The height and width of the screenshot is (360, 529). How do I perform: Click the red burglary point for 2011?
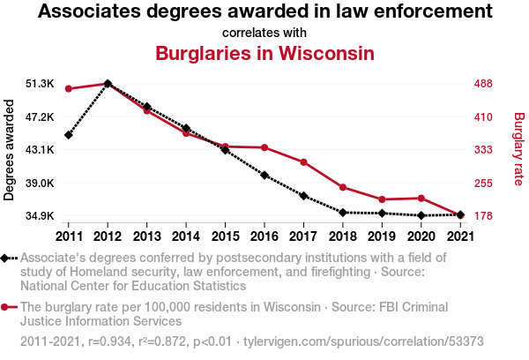(69, 89)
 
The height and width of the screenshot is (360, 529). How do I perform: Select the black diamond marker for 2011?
(69, 135)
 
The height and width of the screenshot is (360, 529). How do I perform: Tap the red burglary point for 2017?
(303, 162)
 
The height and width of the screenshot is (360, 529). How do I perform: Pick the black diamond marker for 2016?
(264, 176)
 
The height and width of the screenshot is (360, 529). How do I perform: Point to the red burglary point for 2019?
(382, 199)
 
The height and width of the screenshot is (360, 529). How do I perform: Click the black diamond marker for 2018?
(343, 213)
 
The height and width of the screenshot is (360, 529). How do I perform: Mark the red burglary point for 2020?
(421, 199)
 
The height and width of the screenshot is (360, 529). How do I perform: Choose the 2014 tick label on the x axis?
(186, 236)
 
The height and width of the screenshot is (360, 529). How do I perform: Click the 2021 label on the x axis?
(460, 236)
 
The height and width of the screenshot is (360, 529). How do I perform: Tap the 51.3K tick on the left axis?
(40, 84)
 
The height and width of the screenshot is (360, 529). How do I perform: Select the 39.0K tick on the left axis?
(40, 183)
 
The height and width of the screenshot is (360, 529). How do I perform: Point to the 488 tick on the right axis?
(483, 84)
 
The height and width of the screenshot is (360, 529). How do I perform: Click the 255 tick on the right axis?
(483, 183)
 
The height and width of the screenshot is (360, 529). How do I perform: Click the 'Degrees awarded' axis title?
(9, 150)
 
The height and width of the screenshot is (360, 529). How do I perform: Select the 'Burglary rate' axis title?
(519, 149)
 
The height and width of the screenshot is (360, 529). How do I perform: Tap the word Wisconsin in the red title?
(326, 53)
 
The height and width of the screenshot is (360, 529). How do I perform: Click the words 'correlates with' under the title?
(264, 33)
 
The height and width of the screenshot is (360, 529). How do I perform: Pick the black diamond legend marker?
(4, 259)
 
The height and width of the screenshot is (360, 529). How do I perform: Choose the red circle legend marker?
(4, 307)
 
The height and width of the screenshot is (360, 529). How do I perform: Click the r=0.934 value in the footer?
(109, 341)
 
